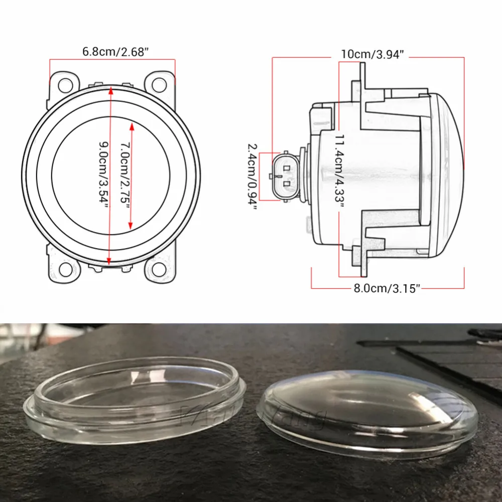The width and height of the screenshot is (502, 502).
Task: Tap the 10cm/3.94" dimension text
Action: pyautogui.click(x=372, y=55)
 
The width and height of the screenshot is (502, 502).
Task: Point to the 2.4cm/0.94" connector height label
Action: pyautogui.click(x=254, y=176)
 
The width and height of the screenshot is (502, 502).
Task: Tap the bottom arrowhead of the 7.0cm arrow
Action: pyautogui.click(x=132, y=226)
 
